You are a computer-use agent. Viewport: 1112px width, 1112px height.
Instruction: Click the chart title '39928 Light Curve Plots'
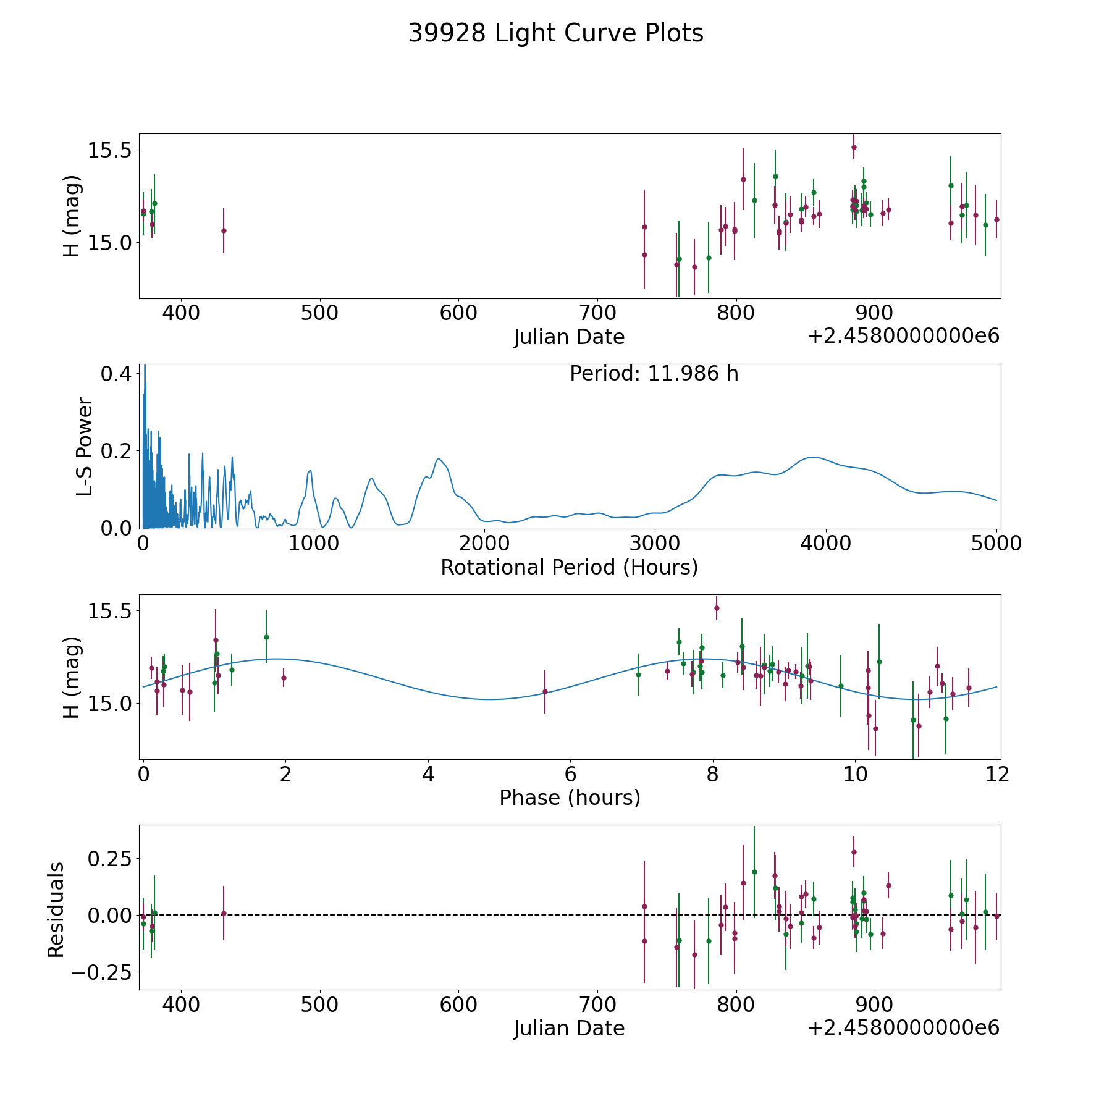tap(556, 33)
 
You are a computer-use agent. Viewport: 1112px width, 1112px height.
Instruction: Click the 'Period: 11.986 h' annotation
tap(654, 374)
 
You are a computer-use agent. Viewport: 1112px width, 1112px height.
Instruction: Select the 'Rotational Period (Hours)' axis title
tap(569, 567)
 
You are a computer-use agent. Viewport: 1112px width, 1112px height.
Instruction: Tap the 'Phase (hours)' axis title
tap(570, 798)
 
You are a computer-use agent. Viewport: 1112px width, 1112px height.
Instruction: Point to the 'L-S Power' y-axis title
tap(85, 446)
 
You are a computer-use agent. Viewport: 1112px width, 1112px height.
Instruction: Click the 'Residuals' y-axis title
tap(56, 910)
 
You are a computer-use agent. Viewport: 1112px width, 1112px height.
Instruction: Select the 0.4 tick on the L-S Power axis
tap(117, 374)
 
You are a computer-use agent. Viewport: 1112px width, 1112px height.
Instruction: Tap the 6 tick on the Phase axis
tap(570, 773)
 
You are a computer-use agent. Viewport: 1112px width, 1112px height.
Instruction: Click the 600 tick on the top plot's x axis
tap(458, 313)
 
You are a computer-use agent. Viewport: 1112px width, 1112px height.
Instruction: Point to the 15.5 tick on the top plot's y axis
tap(109, 150)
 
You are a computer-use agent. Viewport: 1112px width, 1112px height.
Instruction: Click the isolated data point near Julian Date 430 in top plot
tap(224, 230)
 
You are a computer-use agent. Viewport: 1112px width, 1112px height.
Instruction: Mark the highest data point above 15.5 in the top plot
tap(854, 147)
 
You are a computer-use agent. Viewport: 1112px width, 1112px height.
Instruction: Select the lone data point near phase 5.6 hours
tap(545, 691)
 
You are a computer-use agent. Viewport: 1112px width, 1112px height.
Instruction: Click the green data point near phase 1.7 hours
tap(266, 637)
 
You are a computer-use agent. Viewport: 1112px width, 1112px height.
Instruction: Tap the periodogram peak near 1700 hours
tap(439, 458)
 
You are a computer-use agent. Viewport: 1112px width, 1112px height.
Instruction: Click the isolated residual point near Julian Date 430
tap(224, 913)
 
